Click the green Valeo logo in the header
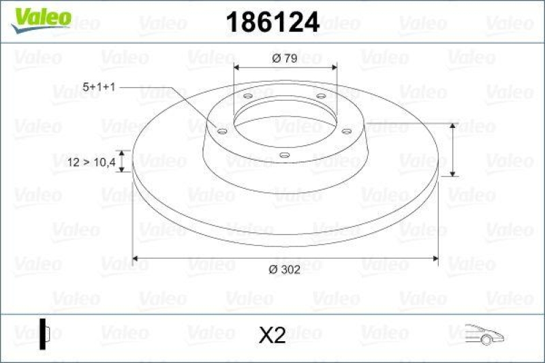42,16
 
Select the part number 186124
272,22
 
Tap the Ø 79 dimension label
284,59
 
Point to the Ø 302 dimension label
284,270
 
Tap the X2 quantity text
272,334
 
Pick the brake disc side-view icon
45,334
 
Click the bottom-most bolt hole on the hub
285,156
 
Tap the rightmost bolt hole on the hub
346,131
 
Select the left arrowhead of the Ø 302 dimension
136,258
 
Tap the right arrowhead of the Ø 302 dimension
433,258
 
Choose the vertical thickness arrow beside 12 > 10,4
122,161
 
